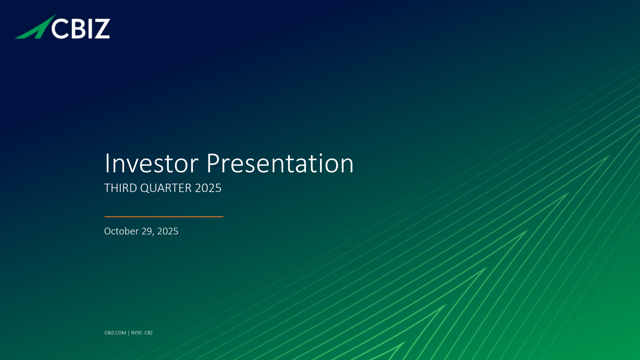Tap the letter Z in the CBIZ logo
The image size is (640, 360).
102,28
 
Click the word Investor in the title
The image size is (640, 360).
152,164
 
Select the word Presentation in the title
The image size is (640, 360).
280,164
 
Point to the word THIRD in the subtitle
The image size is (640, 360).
120,188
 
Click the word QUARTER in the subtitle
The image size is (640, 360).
166,188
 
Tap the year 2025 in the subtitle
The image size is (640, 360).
208,188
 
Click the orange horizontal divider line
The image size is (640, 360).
164,217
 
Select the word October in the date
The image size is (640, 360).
122,231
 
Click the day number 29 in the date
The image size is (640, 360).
147,231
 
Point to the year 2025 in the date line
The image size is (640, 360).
168,231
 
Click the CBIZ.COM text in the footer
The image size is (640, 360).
115,333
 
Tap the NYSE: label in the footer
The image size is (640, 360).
137,333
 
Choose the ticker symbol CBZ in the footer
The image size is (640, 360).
148,333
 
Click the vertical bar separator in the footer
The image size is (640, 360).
128,333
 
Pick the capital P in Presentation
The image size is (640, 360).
213,164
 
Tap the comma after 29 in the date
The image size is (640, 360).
154,234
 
